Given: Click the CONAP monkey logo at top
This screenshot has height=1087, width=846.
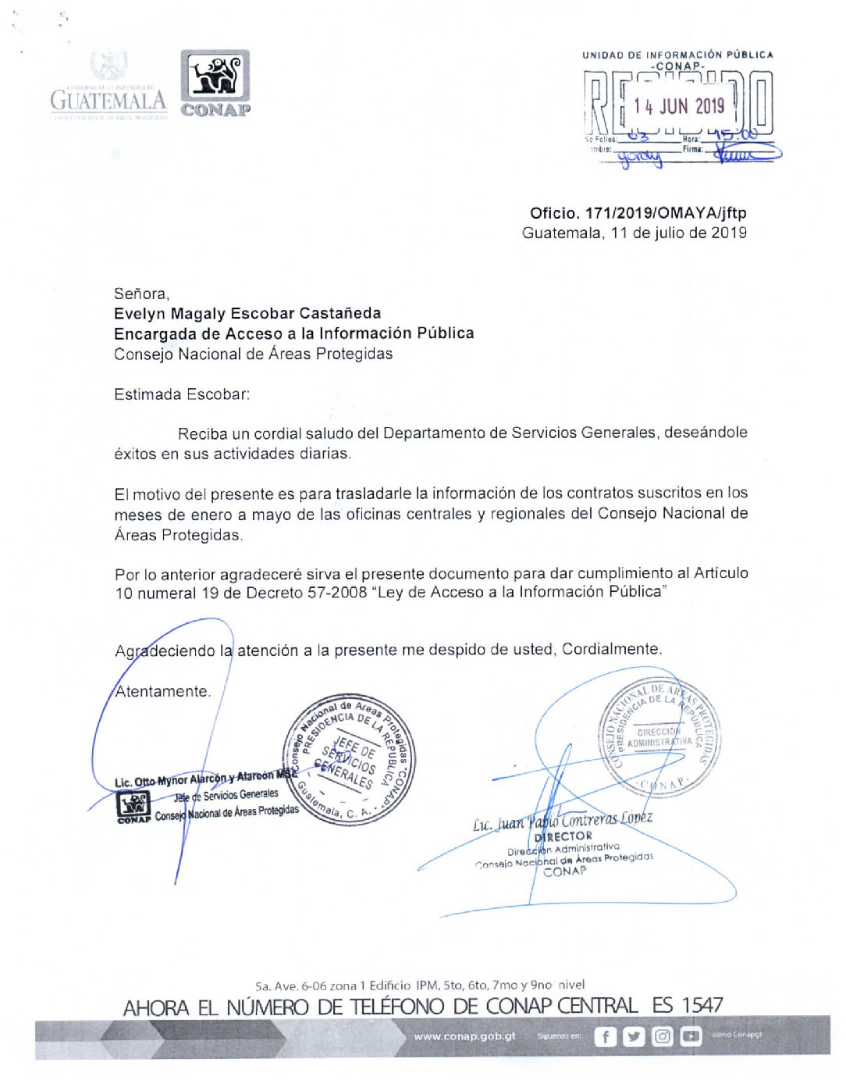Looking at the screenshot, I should click(x=215, y=77).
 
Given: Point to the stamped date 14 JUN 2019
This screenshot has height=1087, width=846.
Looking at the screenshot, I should click(x=679, y=106).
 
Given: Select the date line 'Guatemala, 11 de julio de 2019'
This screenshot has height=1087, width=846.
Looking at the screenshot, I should click(x=634, y=233).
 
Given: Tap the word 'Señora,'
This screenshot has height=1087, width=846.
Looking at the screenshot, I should click(x=141, y=294).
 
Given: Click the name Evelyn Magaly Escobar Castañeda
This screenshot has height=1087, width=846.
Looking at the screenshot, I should click(x=247, y=313).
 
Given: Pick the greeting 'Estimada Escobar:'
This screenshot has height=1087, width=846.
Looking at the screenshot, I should click(x=182, y=394).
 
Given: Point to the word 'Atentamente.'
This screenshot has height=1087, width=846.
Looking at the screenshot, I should click(x=162, y=691).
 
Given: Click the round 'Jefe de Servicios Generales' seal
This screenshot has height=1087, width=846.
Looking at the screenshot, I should click(x=349, y=757).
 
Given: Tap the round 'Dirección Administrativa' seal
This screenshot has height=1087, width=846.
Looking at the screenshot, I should click(x=659, y=737).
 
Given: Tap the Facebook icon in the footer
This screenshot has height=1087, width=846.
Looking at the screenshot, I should click(x=605, y=1036).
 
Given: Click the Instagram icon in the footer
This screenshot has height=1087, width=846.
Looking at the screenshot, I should click(x=662, y=1036).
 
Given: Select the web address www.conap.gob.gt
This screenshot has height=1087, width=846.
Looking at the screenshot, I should click(x=464, y=1036).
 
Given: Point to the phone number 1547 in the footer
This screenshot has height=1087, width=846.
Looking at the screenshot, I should click(x=702, y=1005).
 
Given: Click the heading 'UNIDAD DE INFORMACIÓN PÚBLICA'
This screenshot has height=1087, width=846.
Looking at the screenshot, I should click(x=677, y=55).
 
